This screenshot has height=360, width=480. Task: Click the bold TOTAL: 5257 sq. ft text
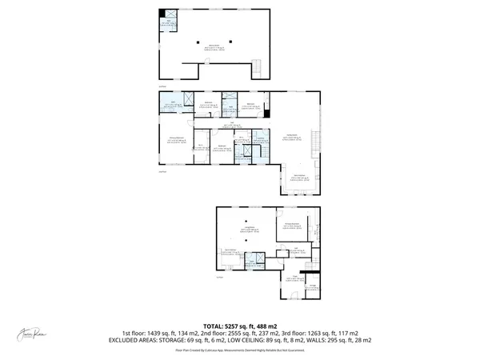pyautogui.click(x=239, y=326)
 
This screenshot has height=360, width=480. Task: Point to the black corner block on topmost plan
pyautogui.click(x=162, y=14)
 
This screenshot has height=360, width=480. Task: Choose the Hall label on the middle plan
pyautogui.click(x=229, y=125)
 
